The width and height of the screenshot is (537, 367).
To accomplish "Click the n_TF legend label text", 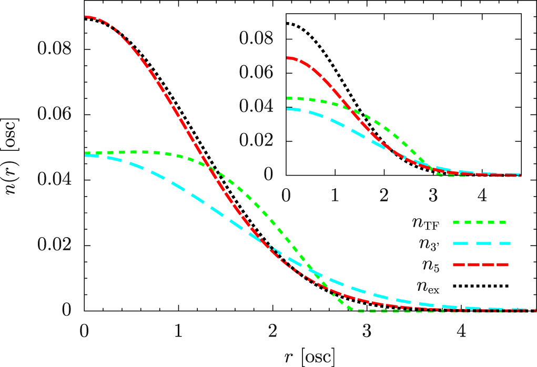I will pos(426,223).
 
